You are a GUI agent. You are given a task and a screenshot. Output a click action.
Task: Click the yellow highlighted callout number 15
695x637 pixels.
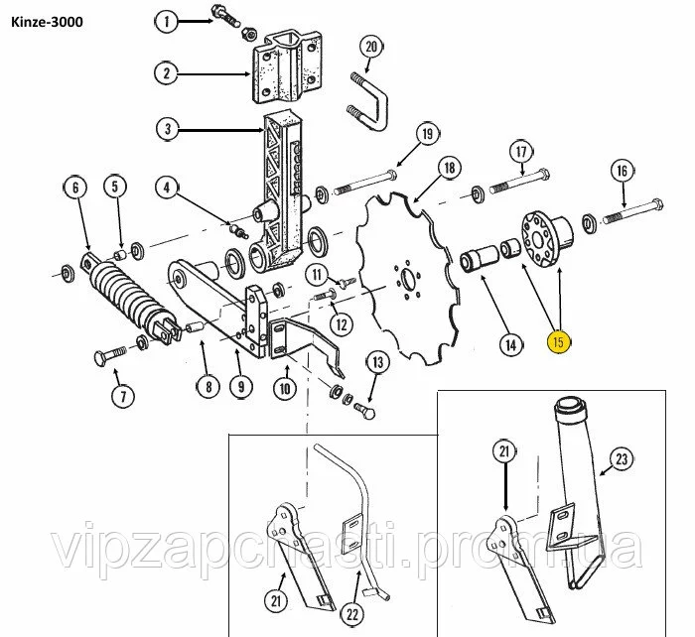pos(559,343)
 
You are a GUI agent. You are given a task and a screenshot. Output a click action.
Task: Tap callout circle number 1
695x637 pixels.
pos(167,20)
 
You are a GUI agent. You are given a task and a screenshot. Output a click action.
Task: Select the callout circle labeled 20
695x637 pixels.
pos(370,47)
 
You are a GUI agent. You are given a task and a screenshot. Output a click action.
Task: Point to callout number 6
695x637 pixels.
pos(72,186)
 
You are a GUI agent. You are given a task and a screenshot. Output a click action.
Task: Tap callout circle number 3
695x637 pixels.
pos(167,128)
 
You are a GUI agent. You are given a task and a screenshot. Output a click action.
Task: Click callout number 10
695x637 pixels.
pos(284,389)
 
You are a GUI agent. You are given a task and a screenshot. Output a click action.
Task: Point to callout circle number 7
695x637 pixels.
pos(122,397)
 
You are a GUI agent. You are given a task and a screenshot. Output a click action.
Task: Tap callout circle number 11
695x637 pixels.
pos(316,274)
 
